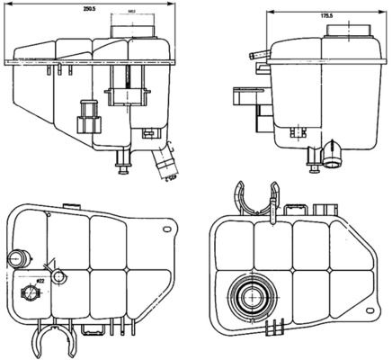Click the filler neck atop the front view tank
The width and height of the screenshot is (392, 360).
pos(132,29)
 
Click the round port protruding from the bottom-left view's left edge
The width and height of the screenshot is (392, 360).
pos(13,259)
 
